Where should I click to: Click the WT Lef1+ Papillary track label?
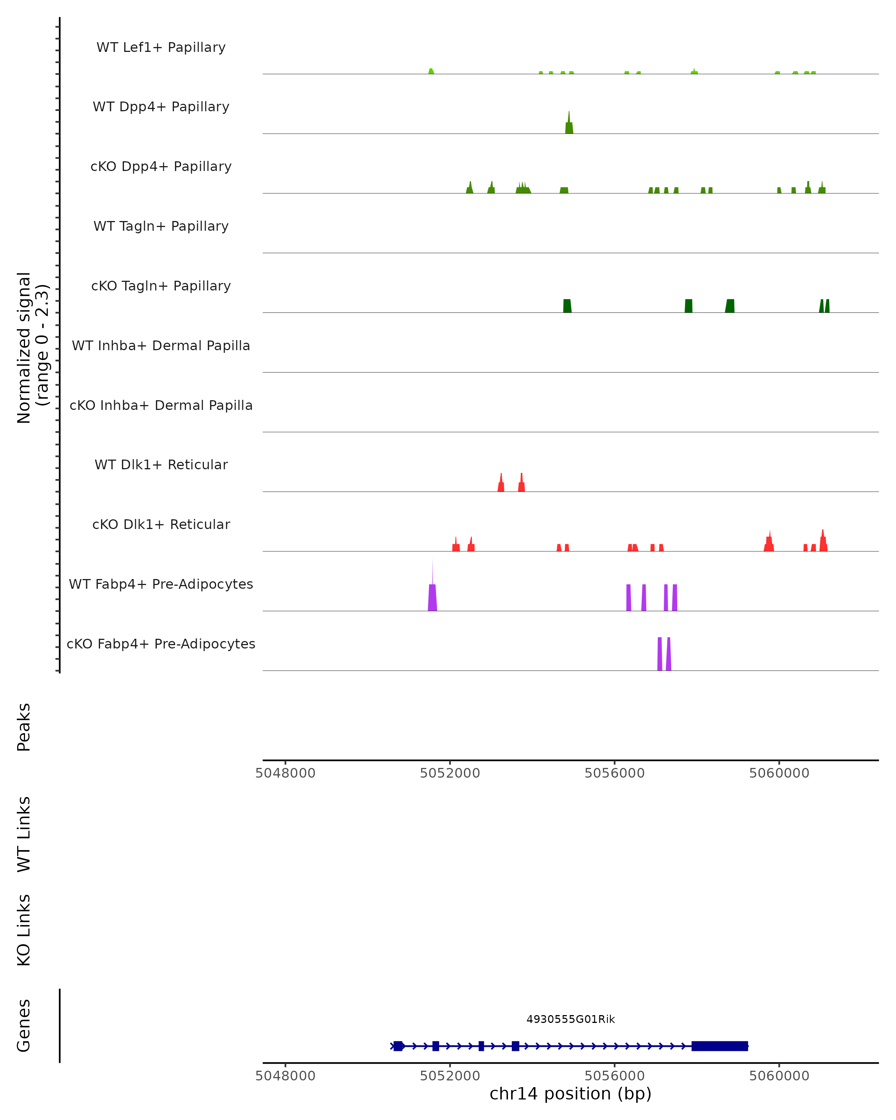click(161, 47)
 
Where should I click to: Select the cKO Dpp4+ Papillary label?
click(161, 167)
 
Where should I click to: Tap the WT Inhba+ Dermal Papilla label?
click(161, 346)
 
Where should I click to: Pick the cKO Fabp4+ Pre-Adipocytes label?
click(161, 644)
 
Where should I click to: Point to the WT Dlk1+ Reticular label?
click(161, 465)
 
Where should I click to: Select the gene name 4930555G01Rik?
click(570, 1019)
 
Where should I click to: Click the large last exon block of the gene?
click(719, 1046)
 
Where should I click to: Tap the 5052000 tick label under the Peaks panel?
click(450, 773)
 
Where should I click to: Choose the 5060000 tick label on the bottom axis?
click(779, 1076)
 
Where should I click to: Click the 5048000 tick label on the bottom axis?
click(285, 1076)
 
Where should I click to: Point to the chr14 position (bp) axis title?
click(570, 1093)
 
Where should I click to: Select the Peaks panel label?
click(24, 727)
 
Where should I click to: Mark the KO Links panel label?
click(24, 930)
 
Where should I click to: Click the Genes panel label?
click(24, 1026)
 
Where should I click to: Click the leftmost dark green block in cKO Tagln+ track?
click(567, 306)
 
